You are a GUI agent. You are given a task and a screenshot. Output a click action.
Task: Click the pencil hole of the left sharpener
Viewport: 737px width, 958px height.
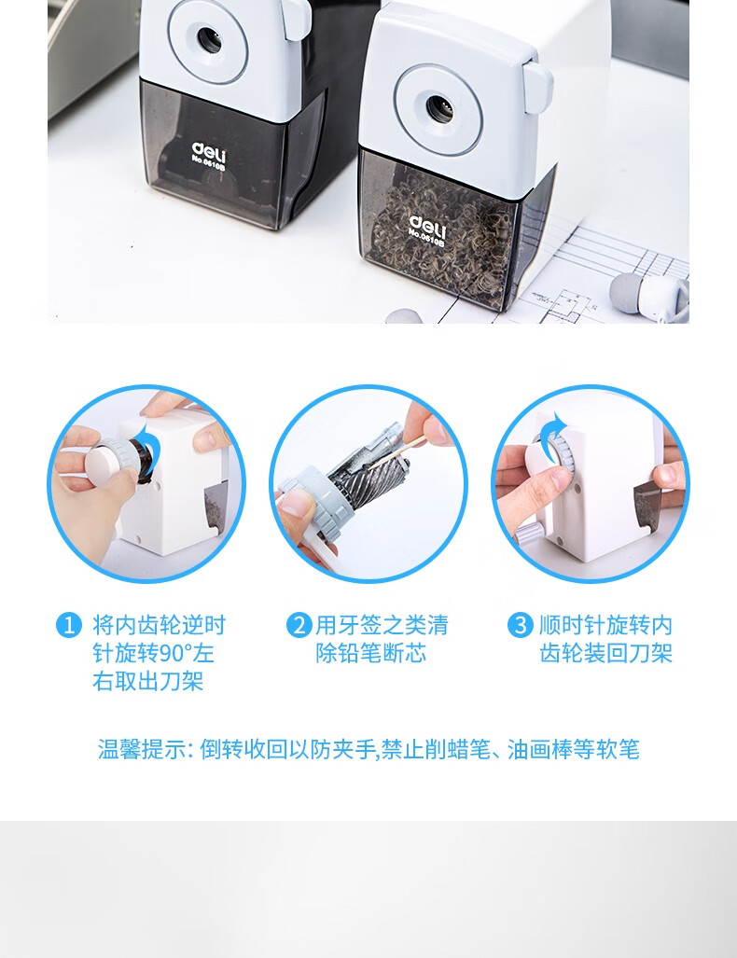pyautogui.click(x=208, y=39)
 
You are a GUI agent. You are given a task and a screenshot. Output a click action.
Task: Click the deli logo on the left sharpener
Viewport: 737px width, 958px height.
pyautogui.click(x=208, y=149)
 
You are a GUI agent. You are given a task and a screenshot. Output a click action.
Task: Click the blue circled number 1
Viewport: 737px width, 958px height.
pyautogui.click(x=69, y=625)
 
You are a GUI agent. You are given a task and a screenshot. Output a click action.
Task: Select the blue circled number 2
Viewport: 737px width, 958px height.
pyautogui.click(x=298, y=625)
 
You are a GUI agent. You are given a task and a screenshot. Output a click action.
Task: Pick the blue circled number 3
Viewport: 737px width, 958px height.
pyautogui.click(x=520, y=625)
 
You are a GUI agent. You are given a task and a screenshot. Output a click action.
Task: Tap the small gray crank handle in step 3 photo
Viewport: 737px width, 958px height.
pyautogui.click(x=528, y=532)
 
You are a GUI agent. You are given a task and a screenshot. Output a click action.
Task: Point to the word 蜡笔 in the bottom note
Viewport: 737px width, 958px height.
pyautogui.click(x=472, y=749)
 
